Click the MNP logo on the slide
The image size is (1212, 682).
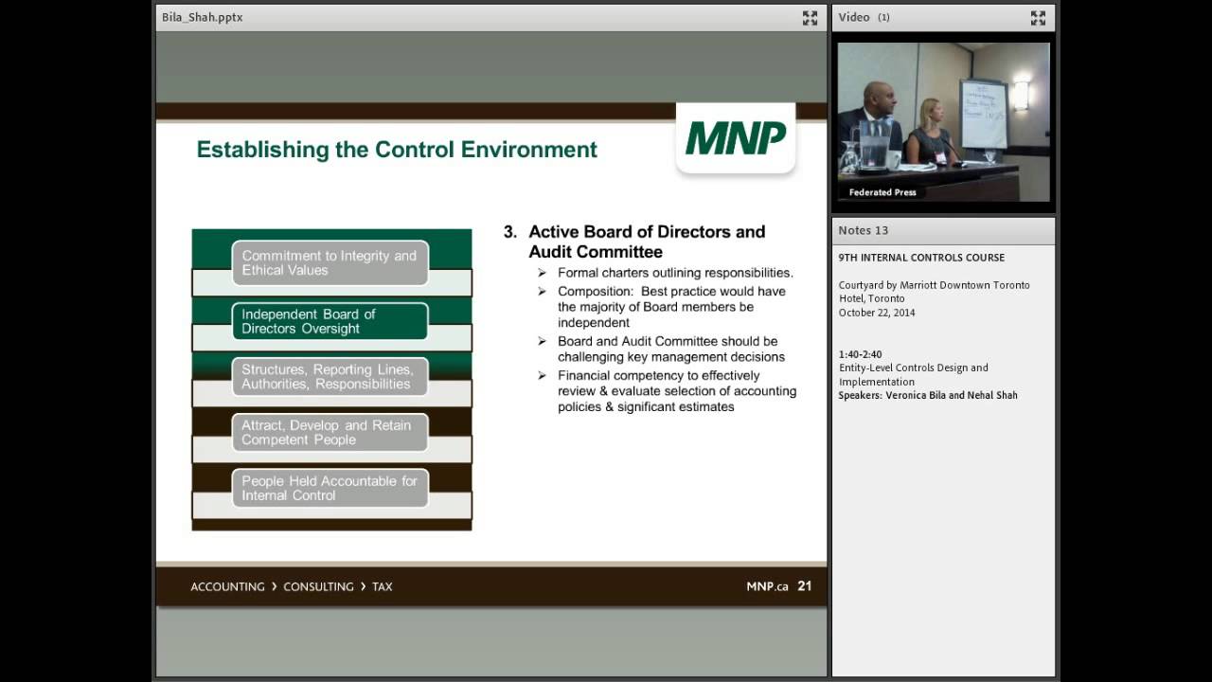pos(736,138)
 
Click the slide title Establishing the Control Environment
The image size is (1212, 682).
pos(397,150)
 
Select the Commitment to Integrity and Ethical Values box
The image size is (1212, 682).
pos(330,262)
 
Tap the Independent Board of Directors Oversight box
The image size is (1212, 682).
pos(330,321)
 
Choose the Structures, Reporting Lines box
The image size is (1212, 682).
pos(330,376)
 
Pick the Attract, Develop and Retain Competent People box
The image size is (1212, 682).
pos(330,432)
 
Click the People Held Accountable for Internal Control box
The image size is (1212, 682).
pos(330,488)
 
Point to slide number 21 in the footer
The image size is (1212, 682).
pos(804,586)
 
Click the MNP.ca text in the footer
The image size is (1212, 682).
pos(767,586)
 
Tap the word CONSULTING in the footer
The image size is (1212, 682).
pos(318,586)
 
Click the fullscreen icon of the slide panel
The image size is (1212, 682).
pos(810,17)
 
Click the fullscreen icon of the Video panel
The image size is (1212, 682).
pos(1038,17)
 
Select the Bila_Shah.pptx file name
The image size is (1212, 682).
pos(203,17)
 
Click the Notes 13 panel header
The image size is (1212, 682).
pos(864,230)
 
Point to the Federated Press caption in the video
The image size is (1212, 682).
pos(882,192)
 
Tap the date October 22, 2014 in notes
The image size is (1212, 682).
pos(877,313)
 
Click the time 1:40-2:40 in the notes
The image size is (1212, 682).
pos(860,354)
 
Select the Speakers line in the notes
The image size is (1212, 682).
pos(928,395)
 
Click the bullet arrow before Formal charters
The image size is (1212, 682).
pos(542,274)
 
